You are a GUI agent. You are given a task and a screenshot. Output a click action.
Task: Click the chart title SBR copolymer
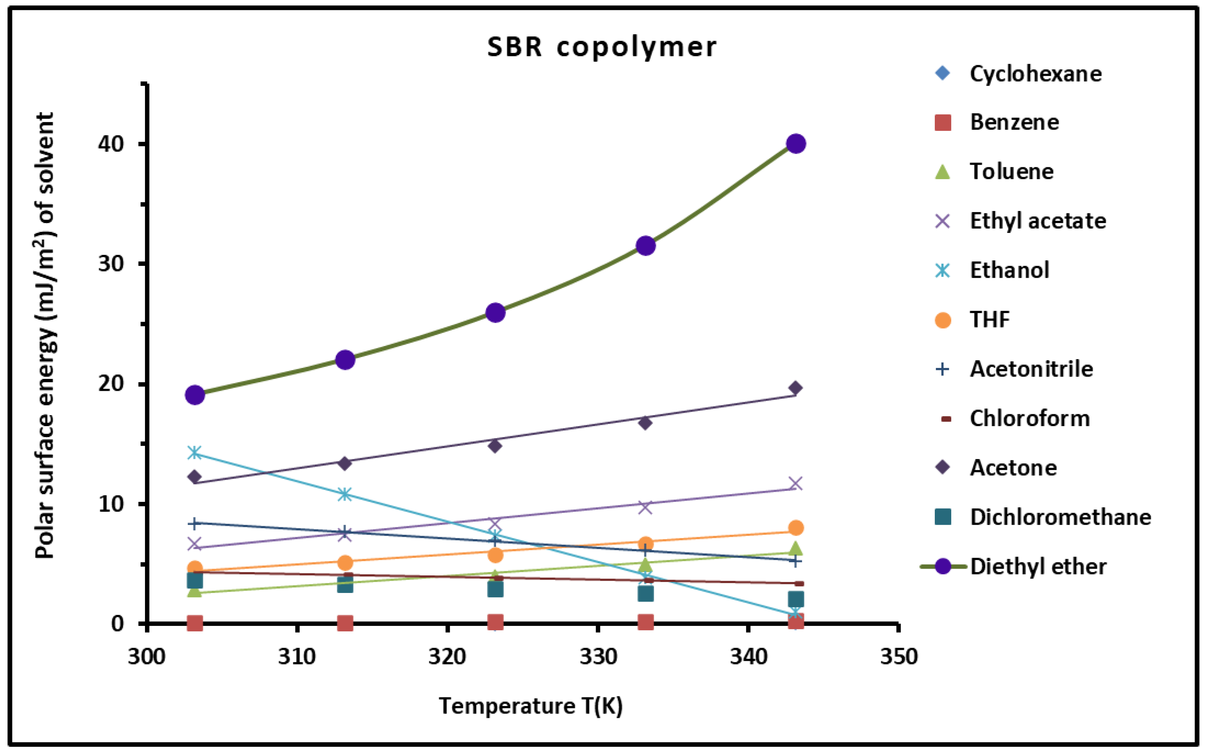[602, 47]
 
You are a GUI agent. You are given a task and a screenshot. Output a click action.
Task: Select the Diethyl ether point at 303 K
[195, 395]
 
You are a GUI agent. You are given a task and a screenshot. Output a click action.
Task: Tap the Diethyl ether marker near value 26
[495, 313]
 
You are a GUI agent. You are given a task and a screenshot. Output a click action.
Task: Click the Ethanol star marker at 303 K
[195, 453]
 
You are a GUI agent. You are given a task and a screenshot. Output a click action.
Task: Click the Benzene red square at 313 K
[345, 623]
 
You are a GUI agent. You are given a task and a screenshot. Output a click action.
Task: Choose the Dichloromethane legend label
[1060, 517]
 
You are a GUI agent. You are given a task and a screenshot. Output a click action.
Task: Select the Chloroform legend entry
[1029, 419]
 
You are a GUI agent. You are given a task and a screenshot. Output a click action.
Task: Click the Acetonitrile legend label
[1031, 369]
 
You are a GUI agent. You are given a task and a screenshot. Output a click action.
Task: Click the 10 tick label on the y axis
[111, 504]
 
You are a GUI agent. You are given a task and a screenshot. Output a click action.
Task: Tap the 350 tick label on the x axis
[899, 656]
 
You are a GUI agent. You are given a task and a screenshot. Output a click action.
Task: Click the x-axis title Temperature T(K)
[531, 706]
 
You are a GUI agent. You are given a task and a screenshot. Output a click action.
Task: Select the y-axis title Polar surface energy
[45, 335]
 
